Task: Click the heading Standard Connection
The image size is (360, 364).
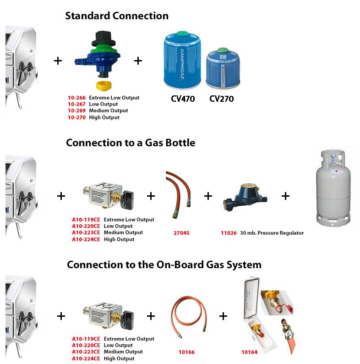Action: click(117, 16)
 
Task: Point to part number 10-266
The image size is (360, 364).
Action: click(76, 98)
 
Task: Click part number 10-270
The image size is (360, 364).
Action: click(76, 117)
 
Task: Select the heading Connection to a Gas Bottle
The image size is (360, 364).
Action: click(131, 143)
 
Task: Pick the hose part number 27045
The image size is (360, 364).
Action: click(180, 233)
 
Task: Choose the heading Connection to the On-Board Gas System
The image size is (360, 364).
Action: click(164, 265)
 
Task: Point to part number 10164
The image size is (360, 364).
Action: click(250, 352)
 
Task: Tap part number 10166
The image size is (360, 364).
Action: click(186, 352)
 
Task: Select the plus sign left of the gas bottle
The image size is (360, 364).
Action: click(285, 196)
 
